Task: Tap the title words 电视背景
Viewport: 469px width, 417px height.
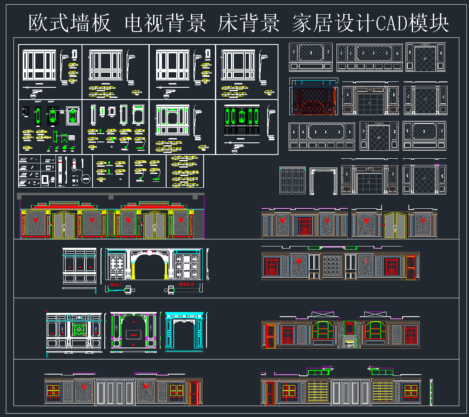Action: [x=166, y=24]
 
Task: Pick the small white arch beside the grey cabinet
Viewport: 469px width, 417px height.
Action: [x=324, y=181]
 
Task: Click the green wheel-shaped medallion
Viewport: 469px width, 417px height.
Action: [x=79, y=329]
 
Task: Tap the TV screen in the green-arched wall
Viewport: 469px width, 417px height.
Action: [x=133, y=334]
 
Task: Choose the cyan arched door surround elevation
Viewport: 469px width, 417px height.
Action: [x=184, y=330]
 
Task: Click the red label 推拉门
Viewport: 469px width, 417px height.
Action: [x=114, y=285]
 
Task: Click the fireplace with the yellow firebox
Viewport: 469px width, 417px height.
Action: [x=349, y=342]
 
